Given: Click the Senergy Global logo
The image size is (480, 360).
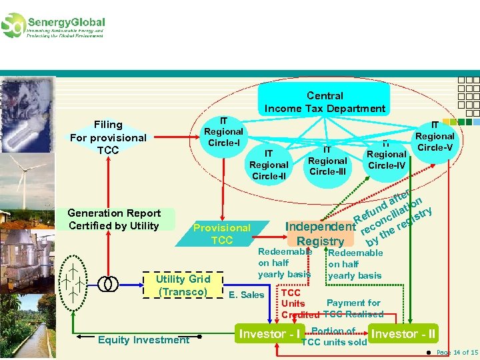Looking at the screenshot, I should (x=53, y=25).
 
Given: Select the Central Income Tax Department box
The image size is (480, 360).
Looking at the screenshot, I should (x=325, y=102).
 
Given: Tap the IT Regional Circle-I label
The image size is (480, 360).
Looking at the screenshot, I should (x=223, y=132).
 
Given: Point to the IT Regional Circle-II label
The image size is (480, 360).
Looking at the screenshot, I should (x=269, y=165).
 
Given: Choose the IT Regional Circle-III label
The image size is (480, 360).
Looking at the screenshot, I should (x=327, y=161).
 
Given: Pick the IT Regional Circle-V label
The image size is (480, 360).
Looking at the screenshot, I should (x=435, y=136).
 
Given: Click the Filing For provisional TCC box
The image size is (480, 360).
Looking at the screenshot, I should (x=108, y=137).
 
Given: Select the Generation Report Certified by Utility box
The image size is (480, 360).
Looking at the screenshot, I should (x=114, y=219).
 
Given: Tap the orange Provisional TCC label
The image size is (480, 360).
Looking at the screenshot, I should (x=222, y=234).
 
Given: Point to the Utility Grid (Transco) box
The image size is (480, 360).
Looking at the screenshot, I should (x=183, y=285).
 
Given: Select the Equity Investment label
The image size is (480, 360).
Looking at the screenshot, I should (x=143, y=340).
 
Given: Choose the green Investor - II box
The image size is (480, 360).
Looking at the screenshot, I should (x=403, y=333).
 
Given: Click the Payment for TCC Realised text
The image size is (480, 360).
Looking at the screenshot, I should (x=354, y=309).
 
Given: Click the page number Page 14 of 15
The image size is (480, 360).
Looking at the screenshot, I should (x=457, y=352).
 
